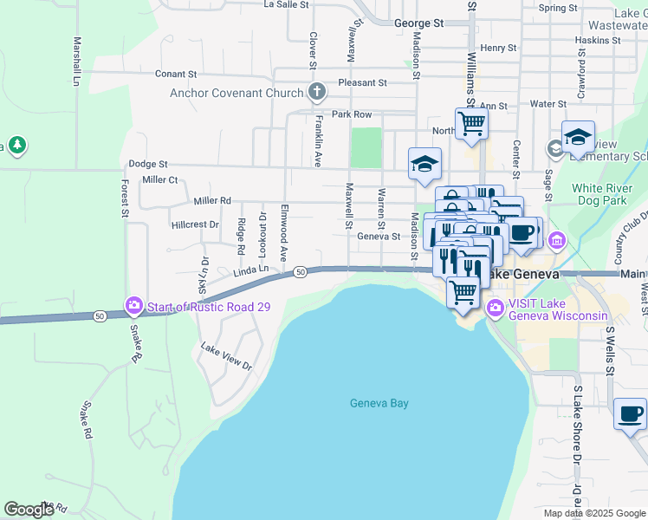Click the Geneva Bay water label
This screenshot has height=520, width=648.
pos(379,403)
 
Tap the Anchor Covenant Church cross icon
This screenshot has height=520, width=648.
pos(317,93)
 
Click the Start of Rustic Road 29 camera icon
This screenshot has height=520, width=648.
pos(134,304)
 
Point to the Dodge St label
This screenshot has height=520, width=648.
pos(147,163)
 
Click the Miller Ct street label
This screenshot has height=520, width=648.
pos(159,179)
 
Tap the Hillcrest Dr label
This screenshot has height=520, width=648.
pos(195,224)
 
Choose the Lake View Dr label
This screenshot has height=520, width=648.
pos(226,357)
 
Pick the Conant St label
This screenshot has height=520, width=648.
pos(177,74)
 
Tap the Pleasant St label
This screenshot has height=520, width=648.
pos(362,82)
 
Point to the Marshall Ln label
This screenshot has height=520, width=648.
pos(77,61)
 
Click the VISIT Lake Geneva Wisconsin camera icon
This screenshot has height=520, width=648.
pos(496,308)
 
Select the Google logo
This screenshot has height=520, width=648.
pos(29,510)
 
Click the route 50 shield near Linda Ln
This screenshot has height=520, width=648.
pos(300,272)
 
